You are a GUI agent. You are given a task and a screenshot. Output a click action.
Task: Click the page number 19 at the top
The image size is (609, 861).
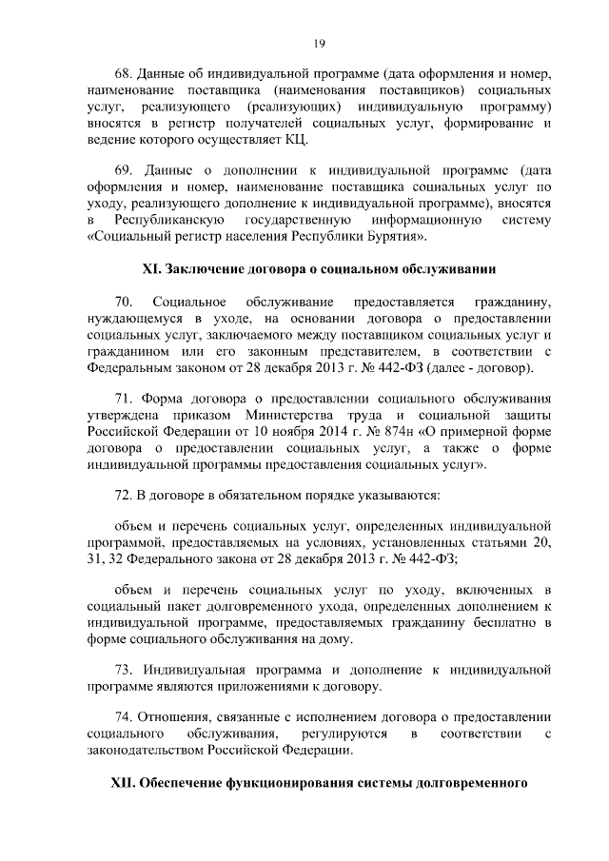click(320, 42)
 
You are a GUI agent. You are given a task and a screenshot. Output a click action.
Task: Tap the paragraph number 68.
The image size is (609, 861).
click(122, 73)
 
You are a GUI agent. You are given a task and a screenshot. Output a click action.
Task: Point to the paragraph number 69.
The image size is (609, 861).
click(122, 170)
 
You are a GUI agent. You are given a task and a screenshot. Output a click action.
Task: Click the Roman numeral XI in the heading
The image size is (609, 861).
click(151, 269)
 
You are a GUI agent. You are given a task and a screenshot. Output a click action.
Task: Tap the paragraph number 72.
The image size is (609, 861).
click(122, 497)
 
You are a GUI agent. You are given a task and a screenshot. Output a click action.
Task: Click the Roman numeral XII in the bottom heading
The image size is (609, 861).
click(121, 788)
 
